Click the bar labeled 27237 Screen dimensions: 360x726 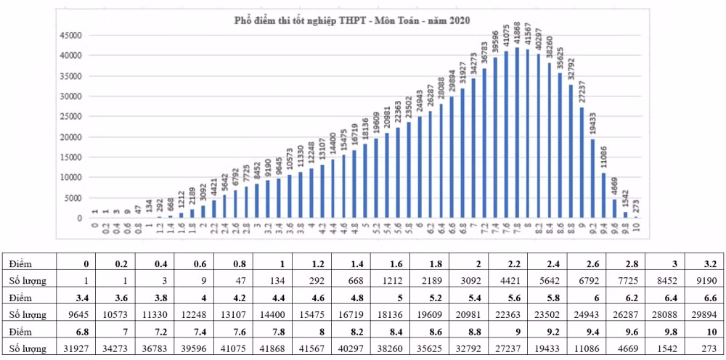582,163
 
